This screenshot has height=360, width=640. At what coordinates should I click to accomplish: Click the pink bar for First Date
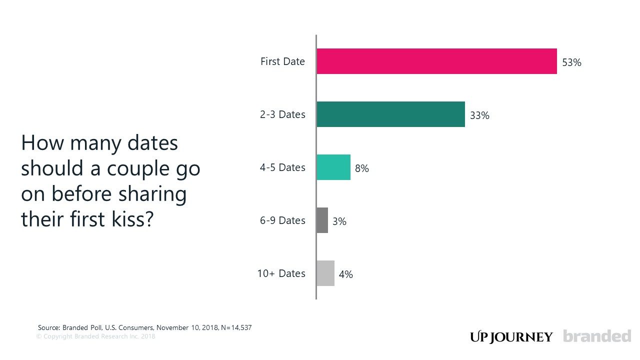[x=436, y=61]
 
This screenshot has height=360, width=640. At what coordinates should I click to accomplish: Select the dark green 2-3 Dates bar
[x=390, y=114]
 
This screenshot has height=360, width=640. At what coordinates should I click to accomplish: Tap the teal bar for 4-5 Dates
[x=333, y=167]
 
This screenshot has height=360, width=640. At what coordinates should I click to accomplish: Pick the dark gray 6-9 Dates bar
[x=322, y=220]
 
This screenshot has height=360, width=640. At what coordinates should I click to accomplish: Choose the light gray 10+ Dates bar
[x=325, y=273]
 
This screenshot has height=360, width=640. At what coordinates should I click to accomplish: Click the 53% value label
[x=571, y=63]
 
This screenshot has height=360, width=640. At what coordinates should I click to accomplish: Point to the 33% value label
[x=479, y=116]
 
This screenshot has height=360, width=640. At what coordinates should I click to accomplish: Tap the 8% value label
[x=361, y=169]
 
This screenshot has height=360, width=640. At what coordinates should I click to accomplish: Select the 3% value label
[x=339, y=221]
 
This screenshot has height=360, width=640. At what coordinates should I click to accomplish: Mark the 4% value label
[x=345, y=274]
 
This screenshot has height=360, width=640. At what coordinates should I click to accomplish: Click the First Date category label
[x=282, y=61]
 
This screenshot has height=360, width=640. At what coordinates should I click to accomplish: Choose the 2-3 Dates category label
[x=282, y=114]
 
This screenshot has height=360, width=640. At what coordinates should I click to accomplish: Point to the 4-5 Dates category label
[x=282, y=167]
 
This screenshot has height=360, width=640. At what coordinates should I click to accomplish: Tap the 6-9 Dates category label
[x=282, y=220]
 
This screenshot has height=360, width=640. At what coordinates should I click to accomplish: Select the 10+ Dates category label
[x=281, y=273]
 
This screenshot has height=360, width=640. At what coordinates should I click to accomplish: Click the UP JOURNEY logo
[x=511, y=337]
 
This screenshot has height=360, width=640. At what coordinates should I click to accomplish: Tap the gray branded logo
[x=597, y=336]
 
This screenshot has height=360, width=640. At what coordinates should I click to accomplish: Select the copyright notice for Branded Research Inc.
[x=95, y=336]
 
